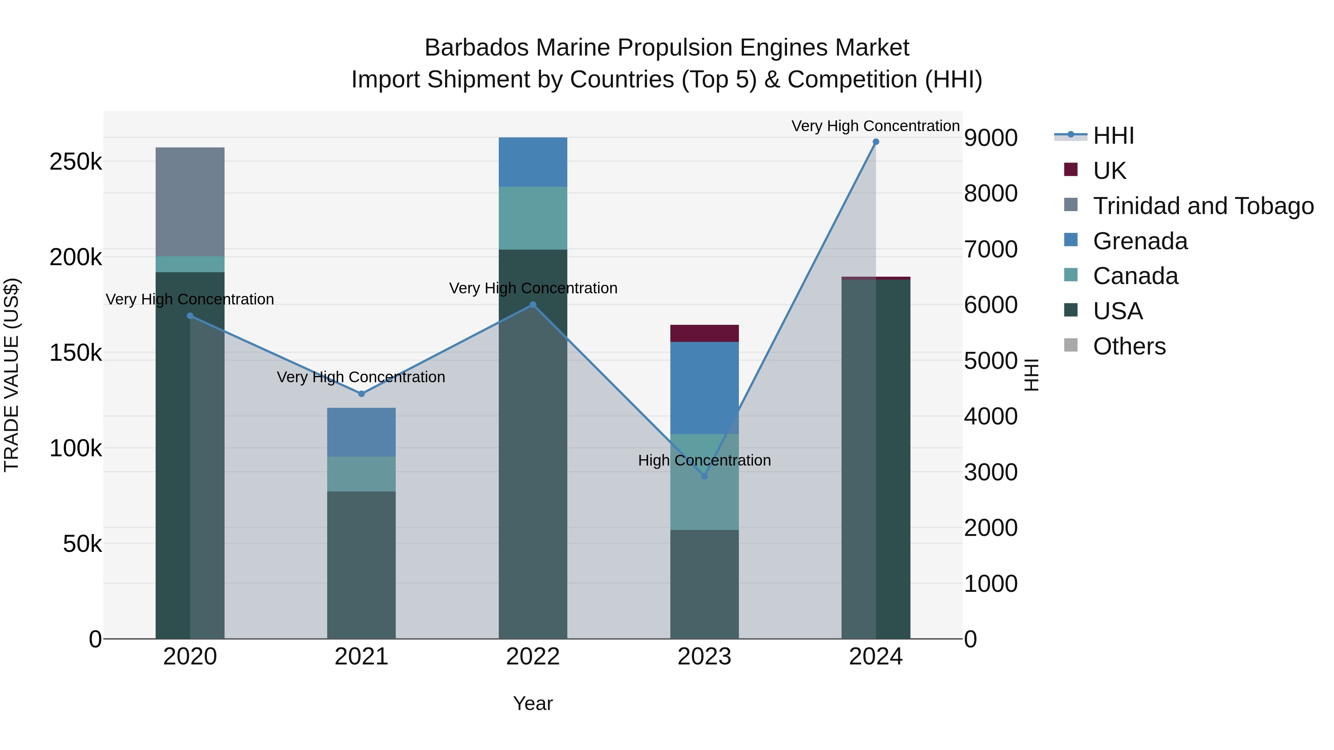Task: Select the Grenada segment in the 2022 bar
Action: [533, 162]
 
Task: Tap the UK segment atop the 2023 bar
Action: [704, 333]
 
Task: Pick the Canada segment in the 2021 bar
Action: [361, 474]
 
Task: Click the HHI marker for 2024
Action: [876, 142]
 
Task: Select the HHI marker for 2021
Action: [361, 394]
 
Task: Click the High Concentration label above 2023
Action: [704, 460]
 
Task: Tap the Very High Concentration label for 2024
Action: [875, 126]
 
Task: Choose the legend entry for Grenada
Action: [1140, 241]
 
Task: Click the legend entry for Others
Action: [1129, 346]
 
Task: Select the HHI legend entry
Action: [1114, 136]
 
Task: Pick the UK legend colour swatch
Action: [1071, 170]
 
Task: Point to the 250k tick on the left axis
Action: [76, 162]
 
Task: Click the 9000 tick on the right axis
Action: [990, 138]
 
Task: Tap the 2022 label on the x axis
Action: [533, 657]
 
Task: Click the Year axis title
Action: [533, 703]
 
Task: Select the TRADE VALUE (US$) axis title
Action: [11, 375]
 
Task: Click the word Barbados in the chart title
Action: [477, 48]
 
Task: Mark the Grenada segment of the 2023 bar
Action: [704, 388]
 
